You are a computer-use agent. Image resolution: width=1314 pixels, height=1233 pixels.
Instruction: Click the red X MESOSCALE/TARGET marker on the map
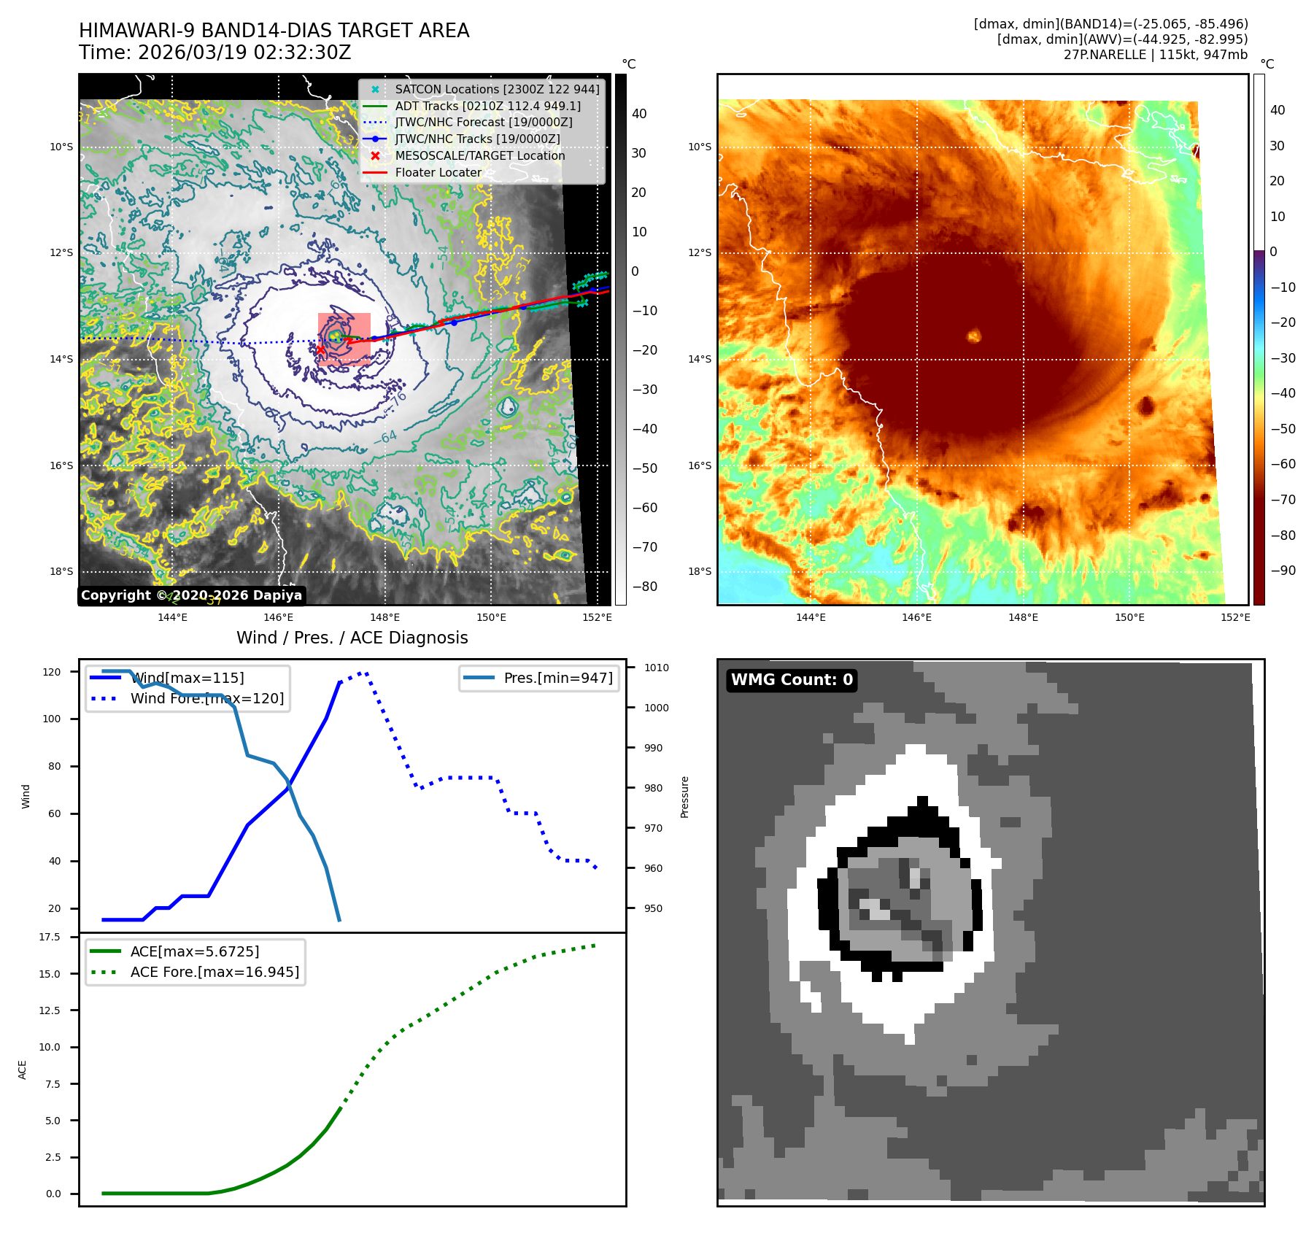[x=320, y=349]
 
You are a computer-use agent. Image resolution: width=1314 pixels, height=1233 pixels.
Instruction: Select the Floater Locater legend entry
[x=438, y=172]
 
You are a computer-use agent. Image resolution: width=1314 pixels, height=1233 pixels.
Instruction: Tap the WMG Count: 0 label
[x=792, y=680]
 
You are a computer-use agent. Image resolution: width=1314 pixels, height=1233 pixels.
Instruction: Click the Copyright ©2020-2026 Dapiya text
[x=191, y=595]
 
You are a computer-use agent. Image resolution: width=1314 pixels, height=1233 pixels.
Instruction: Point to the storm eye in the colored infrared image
[x=973, y=336]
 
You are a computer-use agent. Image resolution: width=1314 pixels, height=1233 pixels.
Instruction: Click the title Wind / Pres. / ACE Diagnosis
[x=352, y=638]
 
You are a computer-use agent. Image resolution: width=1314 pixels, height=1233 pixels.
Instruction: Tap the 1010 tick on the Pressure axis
[x=656, y=668]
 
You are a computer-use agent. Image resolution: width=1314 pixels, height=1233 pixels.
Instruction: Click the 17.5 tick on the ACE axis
[x=50, y=937]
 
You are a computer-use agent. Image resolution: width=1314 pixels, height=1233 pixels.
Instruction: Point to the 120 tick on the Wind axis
[x=52, y=672]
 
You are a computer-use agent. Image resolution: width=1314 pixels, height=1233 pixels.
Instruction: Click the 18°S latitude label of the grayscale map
[x=61, y=571]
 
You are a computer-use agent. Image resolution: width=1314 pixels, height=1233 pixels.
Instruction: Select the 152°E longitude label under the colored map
[x=1235, y=617]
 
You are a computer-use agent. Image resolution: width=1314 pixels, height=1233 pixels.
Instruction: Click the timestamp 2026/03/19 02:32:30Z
[x=244, y=53]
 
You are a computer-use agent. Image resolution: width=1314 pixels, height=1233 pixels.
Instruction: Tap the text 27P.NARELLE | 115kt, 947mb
[x=1155, y=55]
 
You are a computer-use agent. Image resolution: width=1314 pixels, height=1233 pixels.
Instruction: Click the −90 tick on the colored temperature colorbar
[x=1283, y=571]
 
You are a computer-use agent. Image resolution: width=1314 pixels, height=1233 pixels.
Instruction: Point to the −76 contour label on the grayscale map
[x=397, y=401]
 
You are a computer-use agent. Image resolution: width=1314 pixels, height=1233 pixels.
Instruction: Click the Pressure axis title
[x=684, y=797]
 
